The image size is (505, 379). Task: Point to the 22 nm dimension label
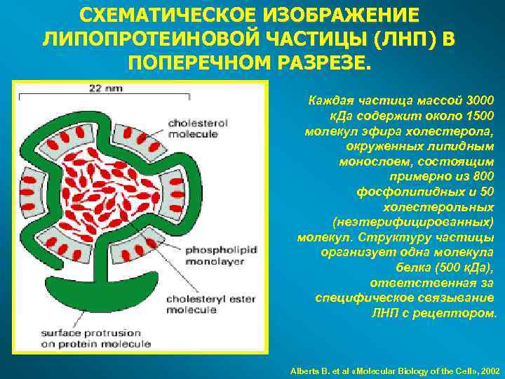[105, 88]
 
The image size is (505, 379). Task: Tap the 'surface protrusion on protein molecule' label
[85, 339]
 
